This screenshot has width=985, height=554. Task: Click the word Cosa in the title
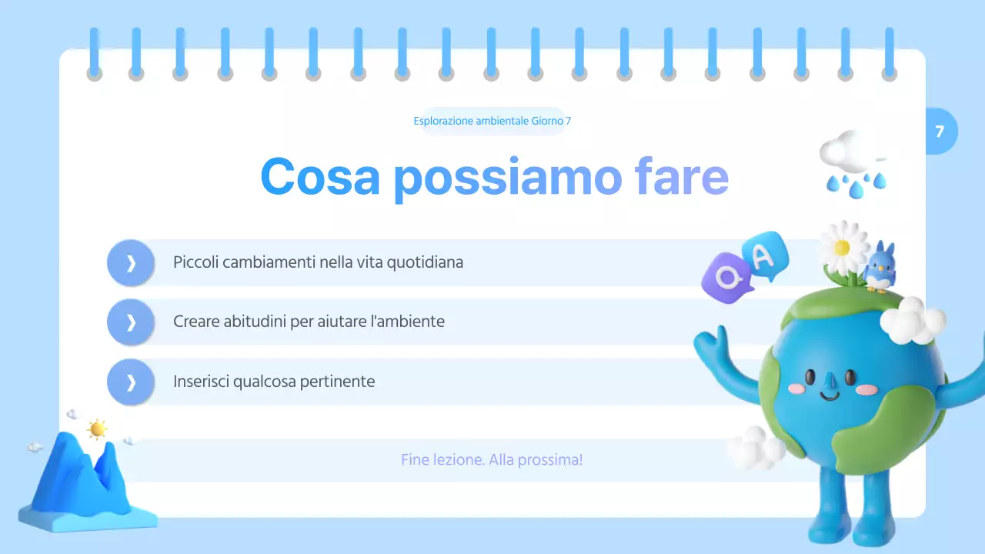[x=320, y=176]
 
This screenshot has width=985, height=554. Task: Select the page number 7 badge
[x=940, y=132]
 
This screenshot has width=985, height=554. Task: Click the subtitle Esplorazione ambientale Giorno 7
[x=492, y=121]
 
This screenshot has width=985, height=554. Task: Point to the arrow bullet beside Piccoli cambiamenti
[x=131, y=263]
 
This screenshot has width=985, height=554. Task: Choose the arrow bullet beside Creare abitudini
[x=131, y=322]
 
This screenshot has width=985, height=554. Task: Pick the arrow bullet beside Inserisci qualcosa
[x=131, y=382]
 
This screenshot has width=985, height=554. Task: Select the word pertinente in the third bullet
[x=339, y=381]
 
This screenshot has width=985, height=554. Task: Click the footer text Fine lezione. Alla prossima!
[x=492, y=460]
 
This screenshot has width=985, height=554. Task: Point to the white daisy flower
[x=843, y=247]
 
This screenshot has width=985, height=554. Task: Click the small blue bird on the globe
[x=878, y=266]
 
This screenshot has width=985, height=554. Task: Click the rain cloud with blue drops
[x=853, y=160]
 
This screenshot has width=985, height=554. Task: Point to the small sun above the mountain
[x=97, y=429]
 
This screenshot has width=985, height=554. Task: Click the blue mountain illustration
[x=81, y=481]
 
